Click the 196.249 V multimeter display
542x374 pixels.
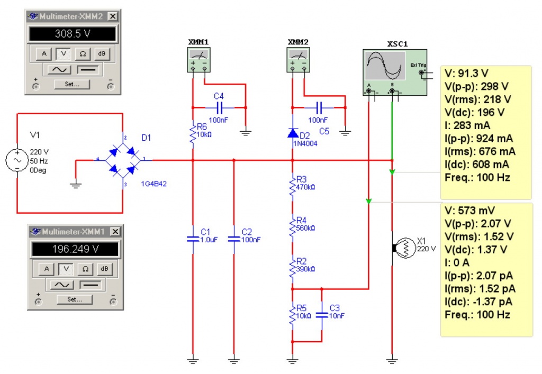73,249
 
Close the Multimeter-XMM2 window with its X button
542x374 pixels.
112,16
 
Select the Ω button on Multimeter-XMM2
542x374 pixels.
83,53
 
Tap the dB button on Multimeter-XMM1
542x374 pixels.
105,269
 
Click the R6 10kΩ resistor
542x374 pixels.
193,134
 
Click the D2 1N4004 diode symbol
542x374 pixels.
292,133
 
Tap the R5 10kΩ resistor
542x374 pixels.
292,315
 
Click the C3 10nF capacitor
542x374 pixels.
321,315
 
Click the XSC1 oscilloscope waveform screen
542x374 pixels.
385,66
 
